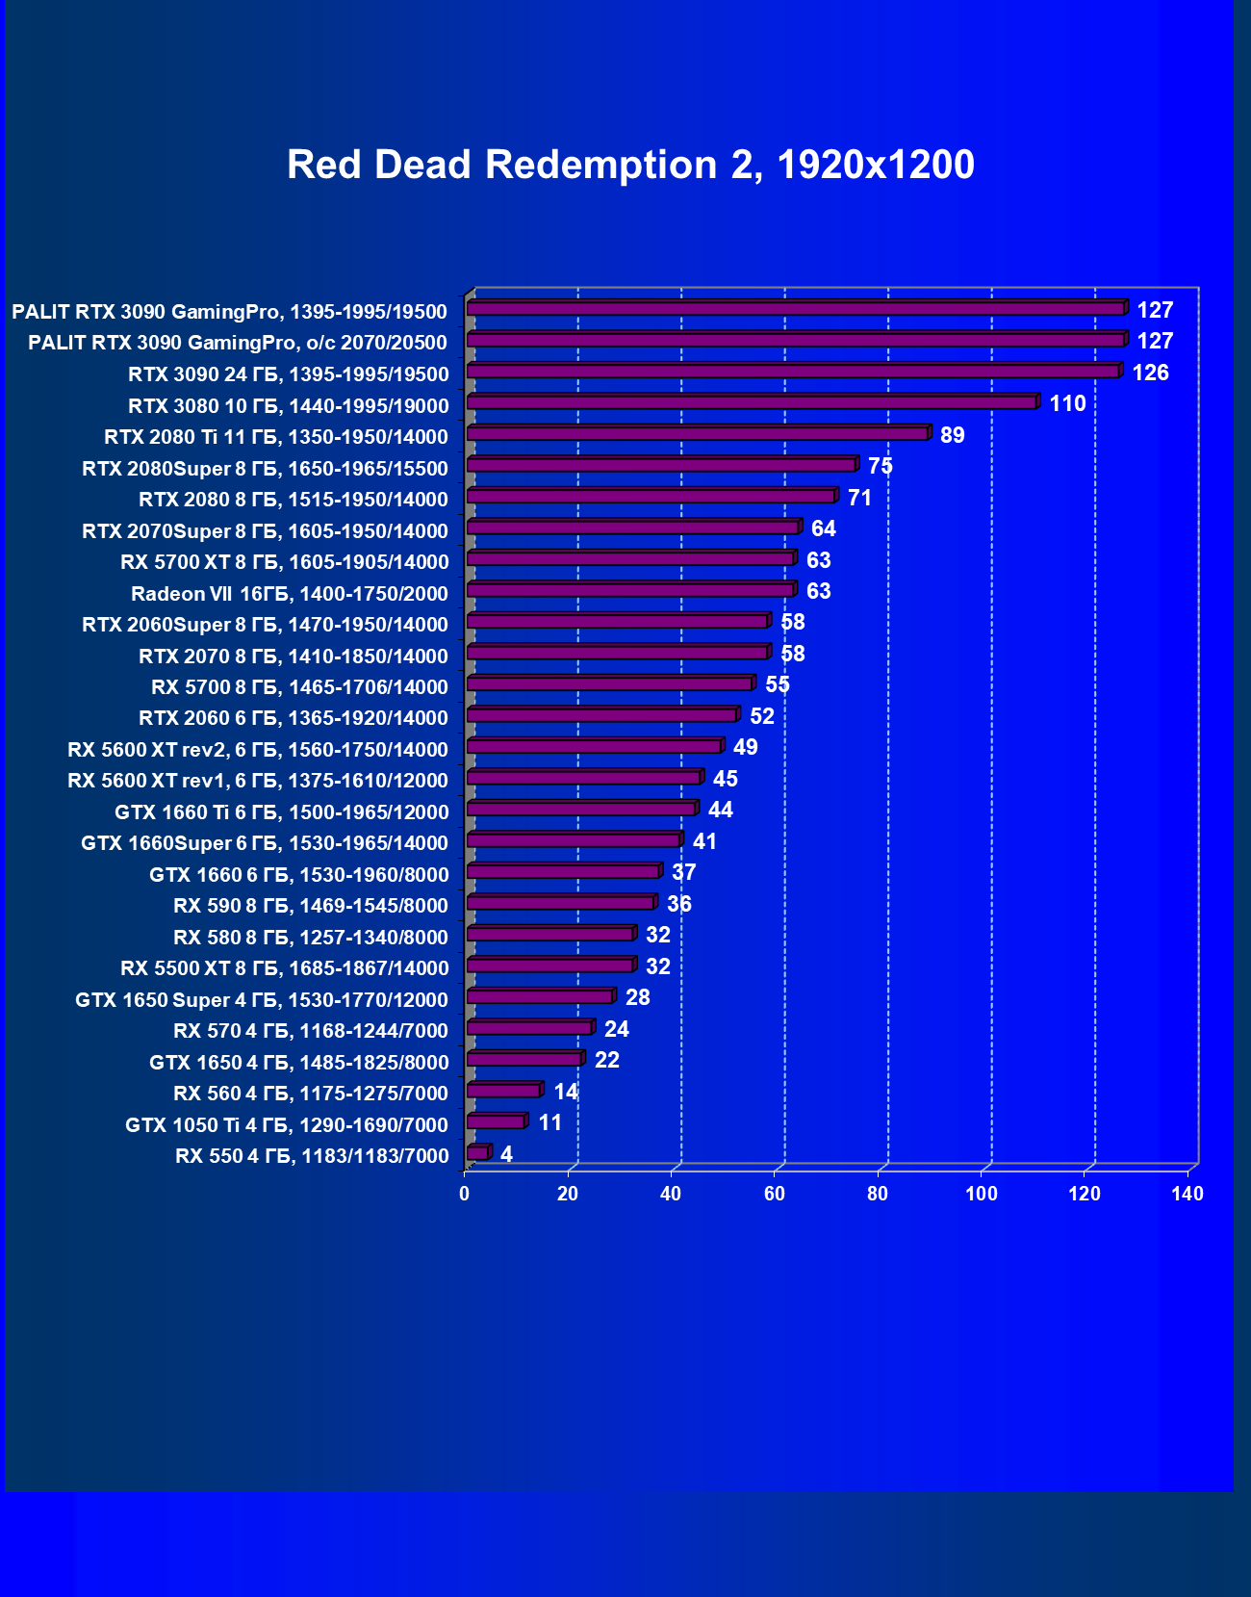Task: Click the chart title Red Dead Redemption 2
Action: pyautogui.click(x=630, y=165)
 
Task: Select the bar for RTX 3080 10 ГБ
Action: pyautogui.click(x=752, y=402)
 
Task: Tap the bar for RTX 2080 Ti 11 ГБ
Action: pyautogui.click(x=698, y=434)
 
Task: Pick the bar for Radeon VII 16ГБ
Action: pyautogui.click(x=630, y=590)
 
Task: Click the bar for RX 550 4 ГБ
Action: pyautogui.click(x=477, y=1153)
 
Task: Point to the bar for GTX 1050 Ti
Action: pyautogui.click(x=496, y=1121)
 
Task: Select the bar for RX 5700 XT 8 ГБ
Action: pyautogui.click(x=630, y=559)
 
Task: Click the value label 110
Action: pyautogui.click(x=1067, y=403)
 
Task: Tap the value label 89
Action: pyautogui.click(x=952, y=435)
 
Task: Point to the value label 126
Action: pyautogui.click(x=1150, y=373)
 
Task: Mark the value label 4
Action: pyautogui.click(x=506, y=1154)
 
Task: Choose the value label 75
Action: pyautogui.click(x=880, y=466)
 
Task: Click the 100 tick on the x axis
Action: pyautogui.click(x=982, y=1194)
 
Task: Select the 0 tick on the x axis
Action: pyautogui.click(x=465, y=1194)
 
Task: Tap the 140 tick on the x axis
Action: pyautogui.click(x=1187, y=1194)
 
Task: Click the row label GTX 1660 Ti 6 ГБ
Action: pyautogui.click(x=281, y=811)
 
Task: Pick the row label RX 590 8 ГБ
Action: pyautogui.click(x=310, y=905)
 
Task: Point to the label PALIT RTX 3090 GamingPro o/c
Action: pyautogui.click(x=238, y=343)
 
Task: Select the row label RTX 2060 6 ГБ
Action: pyautogui.click(x=293, y=718)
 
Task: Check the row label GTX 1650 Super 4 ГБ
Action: pyautogui.click(x=262, y=999)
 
